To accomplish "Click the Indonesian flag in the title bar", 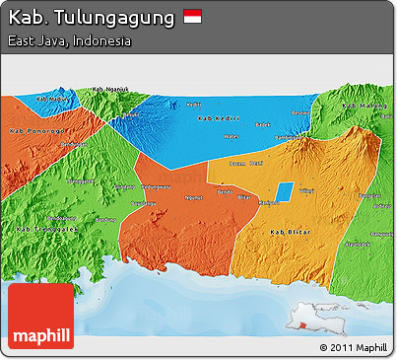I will coord(192,17).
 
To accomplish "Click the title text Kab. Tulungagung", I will coord(92,18).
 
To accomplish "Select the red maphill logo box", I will coord(40,317).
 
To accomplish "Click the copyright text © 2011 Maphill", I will coord(353,347).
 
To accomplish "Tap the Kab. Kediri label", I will coord(218,118).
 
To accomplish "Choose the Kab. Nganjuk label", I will coord(110,91).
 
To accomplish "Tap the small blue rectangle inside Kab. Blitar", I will coord(283,192).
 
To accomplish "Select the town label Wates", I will coord(231,136).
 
